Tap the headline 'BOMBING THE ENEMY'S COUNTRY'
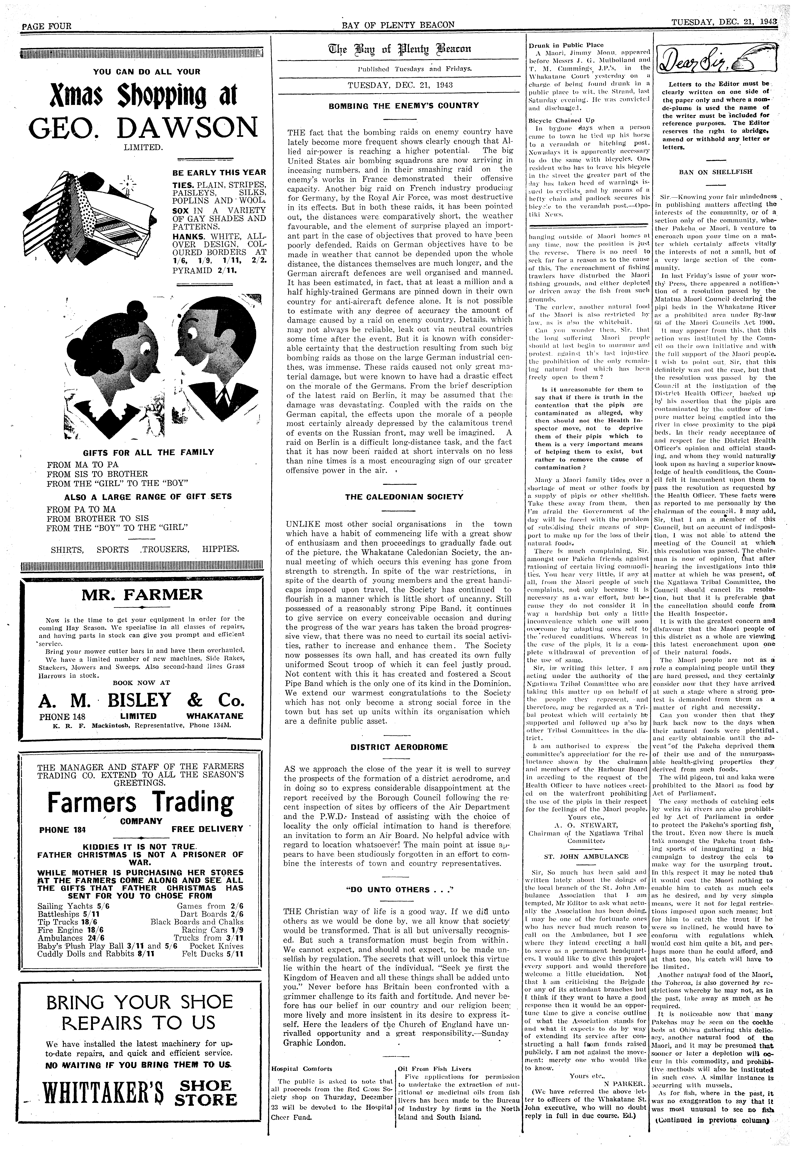[x=397, y=106]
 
